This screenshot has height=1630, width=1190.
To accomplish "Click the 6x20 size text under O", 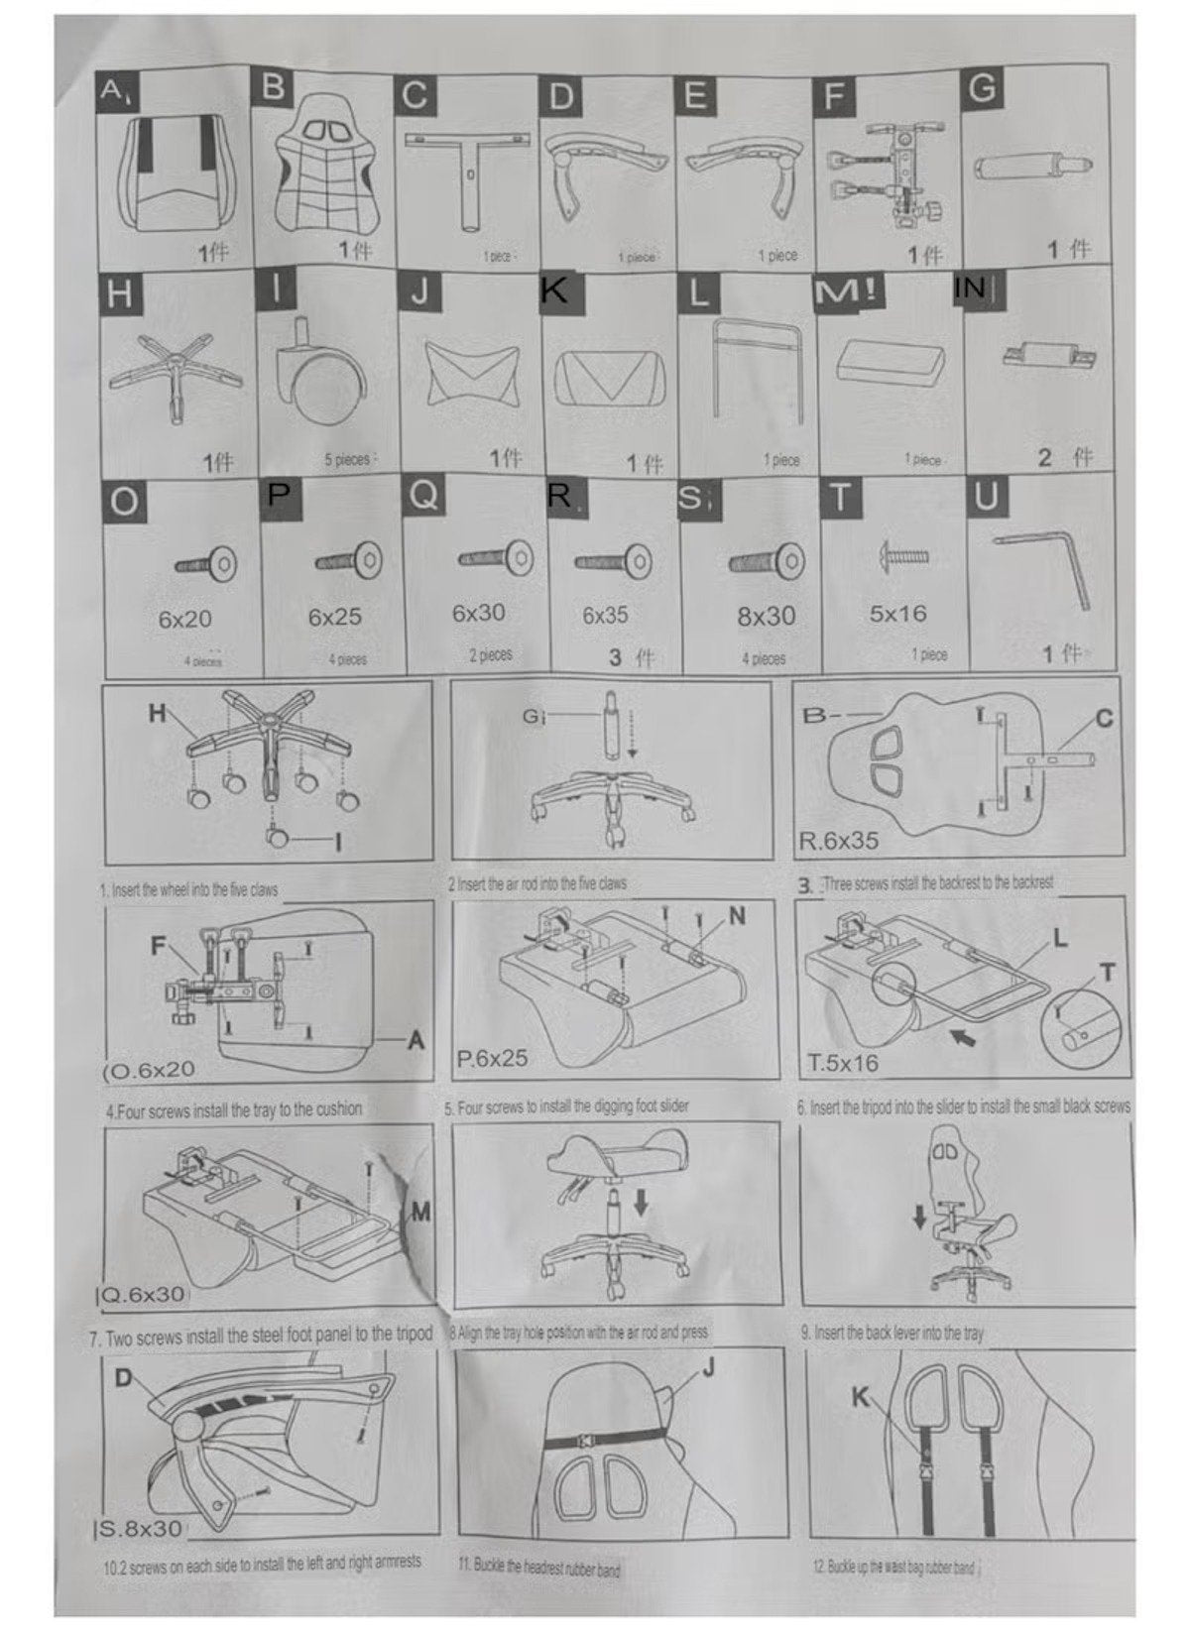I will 184,620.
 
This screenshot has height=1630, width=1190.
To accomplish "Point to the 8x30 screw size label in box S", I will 766,616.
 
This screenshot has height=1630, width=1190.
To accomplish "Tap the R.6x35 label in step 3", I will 838,841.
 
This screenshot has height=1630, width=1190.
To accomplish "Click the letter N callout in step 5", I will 737,915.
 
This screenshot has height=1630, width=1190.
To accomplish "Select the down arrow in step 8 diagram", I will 642,1203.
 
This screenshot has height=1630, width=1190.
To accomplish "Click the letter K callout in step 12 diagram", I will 861,1398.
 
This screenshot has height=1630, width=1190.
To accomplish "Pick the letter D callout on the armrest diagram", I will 125,1379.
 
